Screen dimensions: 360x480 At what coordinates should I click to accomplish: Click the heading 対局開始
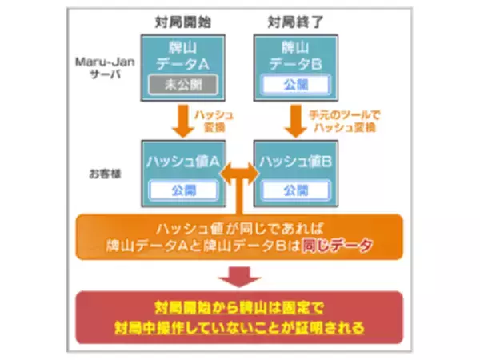[183, 19]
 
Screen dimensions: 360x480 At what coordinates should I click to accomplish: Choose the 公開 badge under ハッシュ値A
[182, 190]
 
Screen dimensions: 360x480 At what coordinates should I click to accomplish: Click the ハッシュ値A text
[182, 162]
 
